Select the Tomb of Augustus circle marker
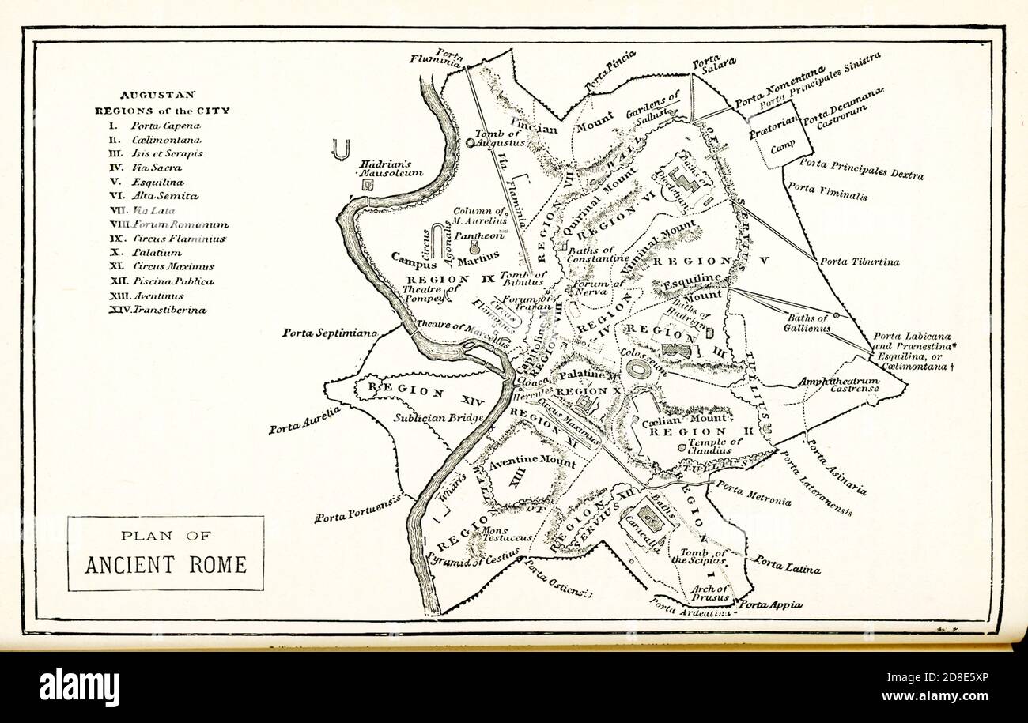471,143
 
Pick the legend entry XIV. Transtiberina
158,310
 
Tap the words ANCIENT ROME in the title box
165,565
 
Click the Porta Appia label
771,604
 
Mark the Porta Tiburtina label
860,261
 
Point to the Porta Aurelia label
304,420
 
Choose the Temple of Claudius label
714,446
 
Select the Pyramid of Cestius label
472,559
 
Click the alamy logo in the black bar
79,686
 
